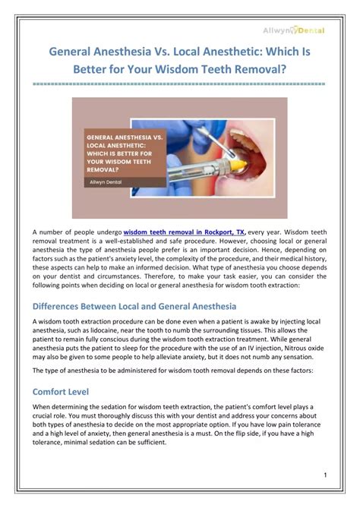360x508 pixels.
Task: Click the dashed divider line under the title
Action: pyautogui.click(x=180, y=84)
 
